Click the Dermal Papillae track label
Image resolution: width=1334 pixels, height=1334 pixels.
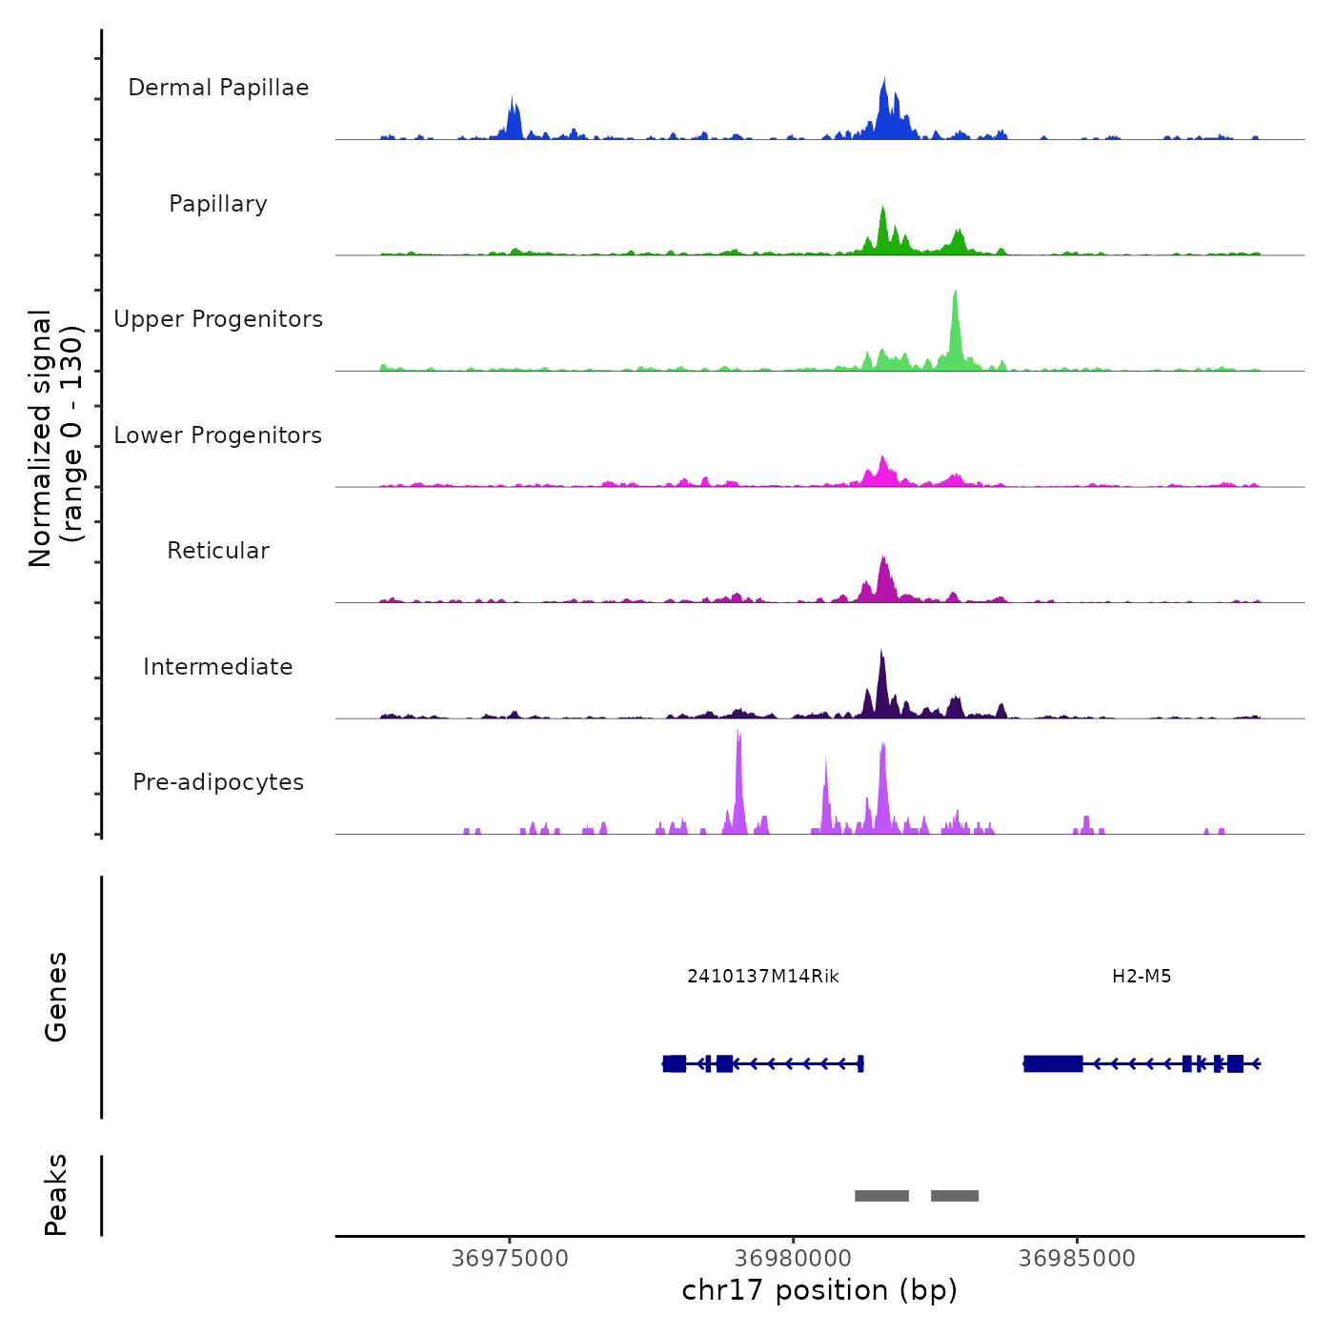(x=218, y=88)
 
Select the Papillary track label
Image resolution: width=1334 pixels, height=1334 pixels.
(x=218, y=204)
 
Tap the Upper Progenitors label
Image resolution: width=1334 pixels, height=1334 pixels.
(x=218, y=319)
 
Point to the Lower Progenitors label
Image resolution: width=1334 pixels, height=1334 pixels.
(x=218, y=435)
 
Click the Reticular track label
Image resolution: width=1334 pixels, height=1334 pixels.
(x=218, y=551)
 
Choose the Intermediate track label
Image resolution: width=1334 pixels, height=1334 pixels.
(x=218, y=667)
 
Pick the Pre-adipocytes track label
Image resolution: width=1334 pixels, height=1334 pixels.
(x=218, y=782)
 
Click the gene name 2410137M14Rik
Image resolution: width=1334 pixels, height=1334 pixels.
(x=762, y=976)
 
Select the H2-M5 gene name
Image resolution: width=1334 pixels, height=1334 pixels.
(x=1142, y=976)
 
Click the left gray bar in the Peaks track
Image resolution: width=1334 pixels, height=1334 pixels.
(x=881, y=1196)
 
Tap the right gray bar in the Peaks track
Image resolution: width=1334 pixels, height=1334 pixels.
(x=955, y=1196)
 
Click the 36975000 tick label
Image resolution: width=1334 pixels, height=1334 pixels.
(x=510, y=1258)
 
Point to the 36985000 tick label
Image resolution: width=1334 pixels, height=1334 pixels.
(x=1077, y=1258)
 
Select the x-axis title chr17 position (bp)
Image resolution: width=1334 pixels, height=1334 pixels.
(x=819, y=1290)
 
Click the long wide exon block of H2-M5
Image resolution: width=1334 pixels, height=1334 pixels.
(x=1053, y=1063)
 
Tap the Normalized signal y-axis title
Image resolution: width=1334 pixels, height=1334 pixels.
(x=55, y=438)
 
